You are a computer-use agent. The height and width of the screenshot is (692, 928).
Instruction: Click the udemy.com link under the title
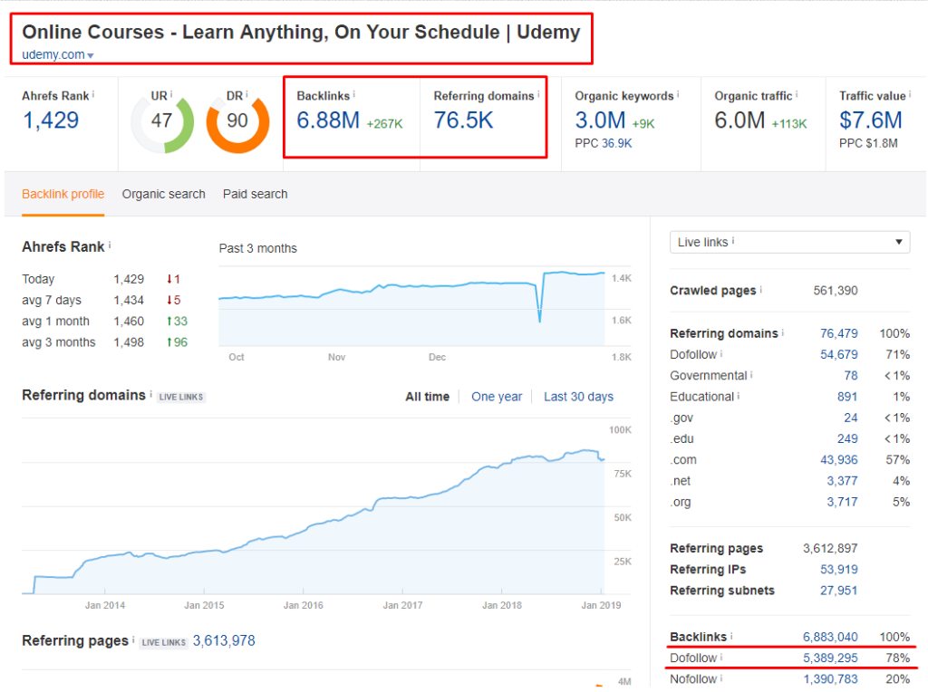53,55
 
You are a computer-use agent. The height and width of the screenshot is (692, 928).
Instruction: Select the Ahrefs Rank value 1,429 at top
51,120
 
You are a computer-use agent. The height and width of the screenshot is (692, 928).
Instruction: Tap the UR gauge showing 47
162,120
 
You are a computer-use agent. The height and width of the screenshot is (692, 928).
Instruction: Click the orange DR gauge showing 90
237,120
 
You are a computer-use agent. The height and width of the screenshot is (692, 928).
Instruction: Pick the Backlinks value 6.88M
328,120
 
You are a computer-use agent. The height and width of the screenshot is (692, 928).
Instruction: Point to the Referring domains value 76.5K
463,120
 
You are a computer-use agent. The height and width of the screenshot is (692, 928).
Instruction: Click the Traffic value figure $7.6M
870,120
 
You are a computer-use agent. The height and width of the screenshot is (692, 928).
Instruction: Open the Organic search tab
163,194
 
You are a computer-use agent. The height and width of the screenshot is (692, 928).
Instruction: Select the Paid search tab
255,194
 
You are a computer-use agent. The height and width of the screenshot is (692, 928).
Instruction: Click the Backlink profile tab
63,194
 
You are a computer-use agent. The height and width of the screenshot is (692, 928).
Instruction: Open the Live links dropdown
789,242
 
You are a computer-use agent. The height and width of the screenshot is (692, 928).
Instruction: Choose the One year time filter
497,397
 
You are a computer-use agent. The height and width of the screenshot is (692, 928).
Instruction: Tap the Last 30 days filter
578,397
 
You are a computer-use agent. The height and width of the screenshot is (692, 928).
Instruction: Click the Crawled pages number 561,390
836,291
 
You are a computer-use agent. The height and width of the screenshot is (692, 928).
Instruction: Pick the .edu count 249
847,438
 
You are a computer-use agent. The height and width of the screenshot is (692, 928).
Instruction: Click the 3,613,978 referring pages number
224,641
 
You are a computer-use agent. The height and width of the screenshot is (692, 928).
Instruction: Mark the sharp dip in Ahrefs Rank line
539,320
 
